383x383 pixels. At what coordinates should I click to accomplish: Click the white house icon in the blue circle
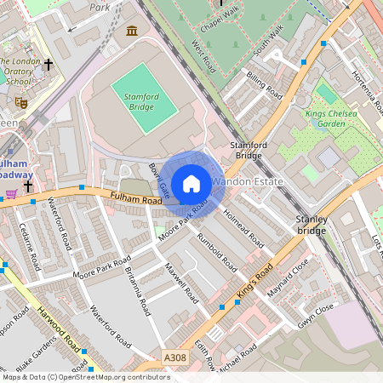coord(191,184)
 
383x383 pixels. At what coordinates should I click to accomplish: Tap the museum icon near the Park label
coord(132,31)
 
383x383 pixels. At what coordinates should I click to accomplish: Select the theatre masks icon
coord(21,102)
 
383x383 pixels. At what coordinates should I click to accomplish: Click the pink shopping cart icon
coord(11,194)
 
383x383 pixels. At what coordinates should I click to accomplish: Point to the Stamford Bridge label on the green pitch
coord(135,102)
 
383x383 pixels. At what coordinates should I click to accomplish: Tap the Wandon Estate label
coord(246,182)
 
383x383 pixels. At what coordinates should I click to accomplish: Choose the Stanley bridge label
coord(311,225)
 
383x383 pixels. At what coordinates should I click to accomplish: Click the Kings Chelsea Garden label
coord(334,119)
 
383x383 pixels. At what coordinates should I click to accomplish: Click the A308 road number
coord(174,359)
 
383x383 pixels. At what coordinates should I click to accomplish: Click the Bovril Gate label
coord(159,179)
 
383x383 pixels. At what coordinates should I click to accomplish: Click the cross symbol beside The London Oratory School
coord(49,64)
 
